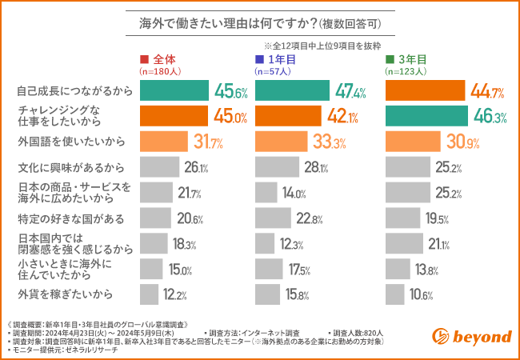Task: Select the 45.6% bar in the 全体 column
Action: point(174,91)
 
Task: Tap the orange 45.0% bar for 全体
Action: point(174,117)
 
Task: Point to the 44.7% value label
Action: point(488,92)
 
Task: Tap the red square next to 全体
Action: point(144,60)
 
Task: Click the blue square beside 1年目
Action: point(259,60)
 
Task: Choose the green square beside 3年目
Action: point(390,60)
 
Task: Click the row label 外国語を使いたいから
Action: point(71,142)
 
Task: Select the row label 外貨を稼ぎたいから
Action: point(66,294)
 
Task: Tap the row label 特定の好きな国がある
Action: point(71,218)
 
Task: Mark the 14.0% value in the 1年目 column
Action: point(293,194)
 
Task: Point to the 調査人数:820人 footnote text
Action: point(356,331)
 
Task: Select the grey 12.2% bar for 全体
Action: point(149,294)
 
